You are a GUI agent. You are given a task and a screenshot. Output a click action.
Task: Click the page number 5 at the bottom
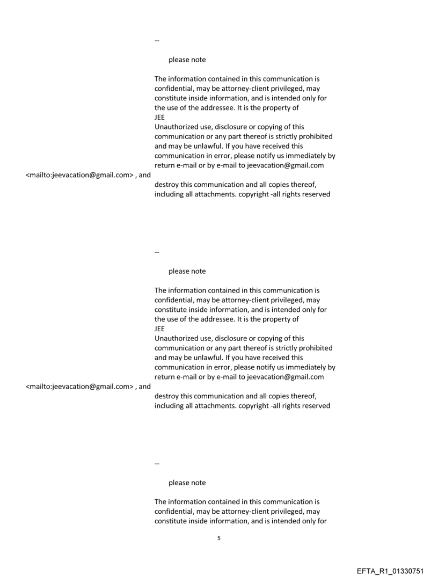click(218, 538)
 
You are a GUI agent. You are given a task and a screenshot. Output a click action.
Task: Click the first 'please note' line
click(187, 60)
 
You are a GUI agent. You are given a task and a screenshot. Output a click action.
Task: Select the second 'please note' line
click(187, 271)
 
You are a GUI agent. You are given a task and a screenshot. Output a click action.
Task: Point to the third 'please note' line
click(187, 483)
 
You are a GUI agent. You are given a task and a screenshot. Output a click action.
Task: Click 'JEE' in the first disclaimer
click(159, 118)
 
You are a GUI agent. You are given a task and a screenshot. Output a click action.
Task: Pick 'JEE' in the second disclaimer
click(159, 329)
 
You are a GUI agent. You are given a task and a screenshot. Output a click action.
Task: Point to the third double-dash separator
click(157, 463)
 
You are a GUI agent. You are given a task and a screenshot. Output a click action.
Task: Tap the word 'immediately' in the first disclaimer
click(306, 156)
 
